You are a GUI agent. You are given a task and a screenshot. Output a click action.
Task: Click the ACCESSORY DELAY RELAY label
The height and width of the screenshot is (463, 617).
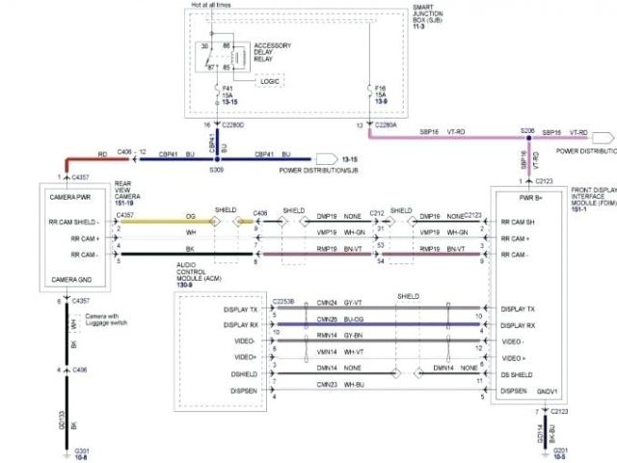coord(273,52)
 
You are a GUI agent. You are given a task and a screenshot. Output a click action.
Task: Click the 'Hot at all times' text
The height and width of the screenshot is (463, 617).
coord(212,6)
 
